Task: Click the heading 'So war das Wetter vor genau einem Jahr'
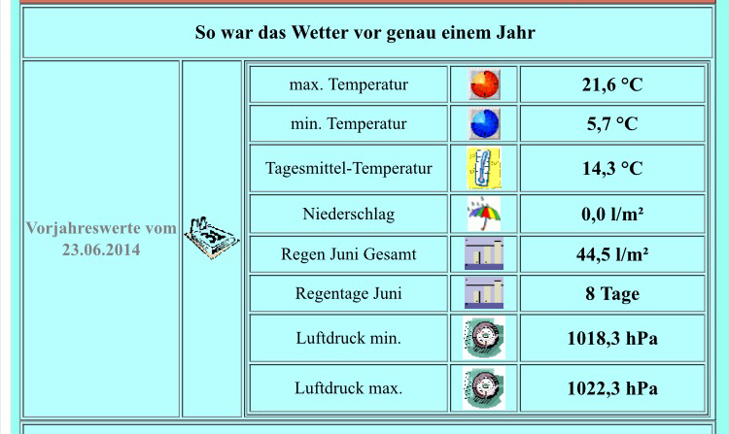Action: (x=364, y=33)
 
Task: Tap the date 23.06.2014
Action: (x=101, y=250)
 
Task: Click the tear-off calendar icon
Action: (x=212, y=237)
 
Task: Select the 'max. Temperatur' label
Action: (x=349, y=84)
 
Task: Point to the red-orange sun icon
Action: (x=484, y=84)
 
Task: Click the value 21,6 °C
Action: (x=612, y=84)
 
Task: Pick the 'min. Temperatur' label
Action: (x=349, y=124)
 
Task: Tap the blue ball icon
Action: (x=484, y=124)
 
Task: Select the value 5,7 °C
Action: (x=612, y=124)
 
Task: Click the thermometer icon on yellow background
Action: (x=484, y=168)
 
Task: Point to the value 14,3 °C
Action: (x=612, y=169)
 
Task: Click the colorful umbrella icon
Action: (x=484, y=214)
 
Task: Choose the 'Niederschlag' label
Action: (x=349, y=214)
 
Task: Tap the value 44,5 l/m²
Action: (x=612, y=254)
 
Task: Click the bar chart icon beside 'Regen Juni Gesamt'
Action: (x=484, y=254)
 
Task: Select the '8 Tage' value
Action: (x=612, y=294)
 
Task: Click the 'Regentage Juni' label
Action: (x=349, y=294)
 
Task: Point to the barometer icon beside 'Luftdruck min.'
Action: (x=484, y=338)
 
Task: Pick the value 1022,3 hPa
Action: (x=612, y=388)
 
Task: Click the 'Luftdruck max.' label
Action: (x=349, y=388)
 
